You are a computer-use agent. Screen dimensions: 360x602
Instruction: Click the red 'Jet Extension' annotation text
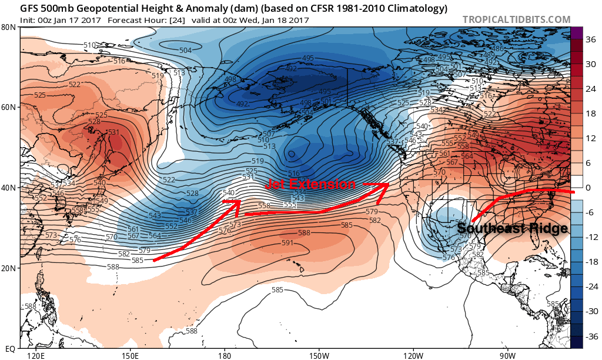[x=310, y=184]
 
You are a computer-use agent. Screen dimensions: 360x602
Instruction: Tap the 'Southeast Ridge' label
[x=511, y=228]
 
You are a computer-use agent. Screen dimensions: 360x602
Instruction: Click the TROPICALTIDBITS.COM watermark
[x=516, y=19]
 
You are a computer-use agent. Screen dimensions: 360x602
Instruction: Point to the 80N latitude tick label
[x=8, y=27]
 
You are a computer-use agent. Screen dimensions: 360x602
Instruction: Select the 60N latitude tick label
[x=8, y=107]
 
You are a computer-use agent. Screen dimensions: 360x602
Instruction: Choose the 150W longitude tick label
[x=319, y=356]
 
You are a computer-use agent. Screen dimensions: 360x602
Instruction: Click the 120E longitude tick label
[x=35, y=356]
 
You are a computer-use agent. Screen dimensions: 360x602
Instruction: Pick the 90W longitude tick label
[x=508, y=356]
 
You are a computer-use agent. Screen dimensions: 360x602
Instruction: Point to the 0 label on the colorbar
[x=588, y=188]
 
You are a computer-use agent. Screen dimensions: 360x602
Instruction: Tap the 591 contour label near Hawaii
[x=287, y=242]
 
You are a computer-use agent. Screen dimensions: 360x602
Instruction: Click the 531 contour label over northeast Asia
[x=113, y=132]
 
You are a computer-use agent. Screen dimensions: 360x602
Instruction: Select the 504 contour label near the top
[x=185, y=50]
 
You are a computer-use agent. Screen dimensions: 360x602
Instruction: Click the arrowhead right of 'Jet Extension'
[x=384, y=185]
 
